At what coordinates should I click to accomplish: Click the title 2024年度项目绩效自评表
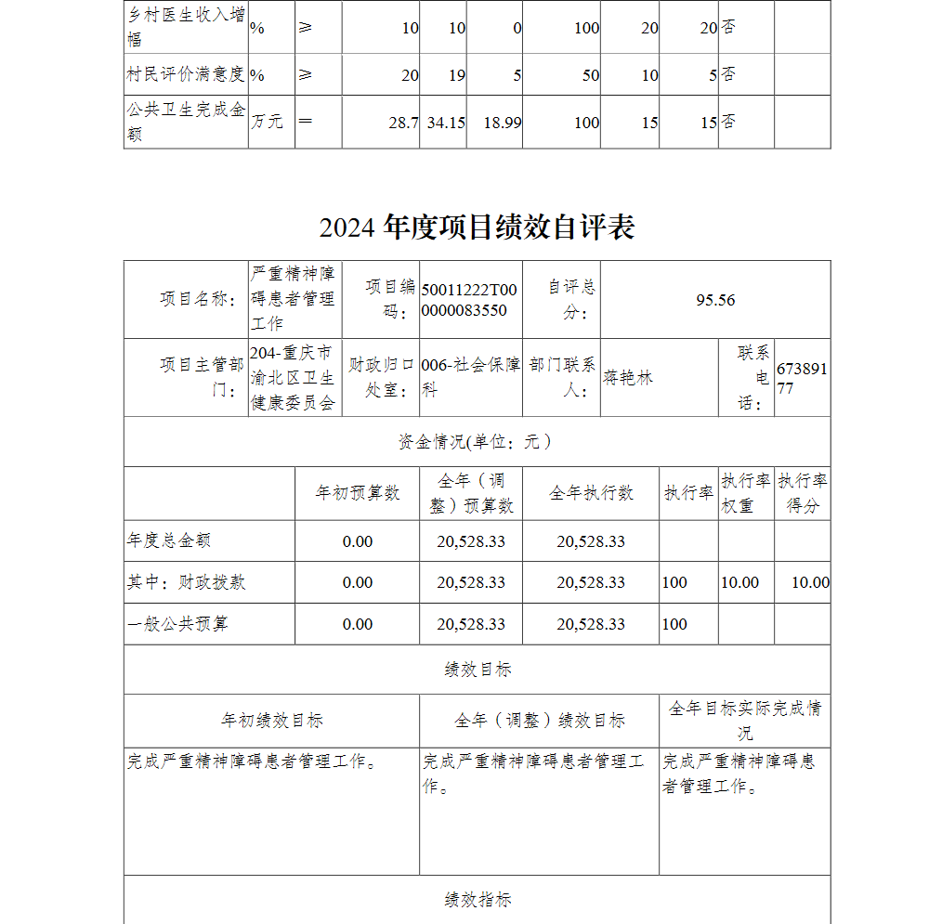point(477,228)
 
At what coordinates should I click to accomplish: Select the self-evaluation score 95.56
point(715,300)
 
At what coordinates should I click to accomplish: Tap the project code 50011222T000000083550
point(469,300)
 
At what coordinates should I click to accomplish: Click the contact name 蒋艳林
point(628,378)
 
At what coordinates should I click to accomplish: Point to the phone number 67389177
point(802,379)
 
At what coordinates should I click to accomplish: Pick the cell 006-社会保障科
point(470,378)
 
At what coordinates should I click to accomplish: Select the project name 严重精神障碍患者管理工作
point(294,299)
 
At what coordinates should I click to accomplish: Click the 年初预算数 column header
point(358,493)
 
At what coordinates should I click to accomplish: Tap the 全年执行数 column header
point(591,493)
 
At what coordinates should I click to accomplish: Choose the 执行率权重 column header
point(746,493)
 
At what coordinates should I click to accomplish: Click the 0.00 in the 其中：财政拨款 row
point(358,582)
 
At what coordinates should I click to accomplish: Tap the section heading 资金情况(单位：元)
point(477,442)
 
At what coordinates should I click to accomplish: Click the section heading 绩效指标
point(478,900)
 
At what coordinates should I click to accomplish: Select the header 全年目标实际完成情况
point(744,720)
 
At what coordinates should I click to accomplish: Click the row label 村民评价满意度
point(185,74)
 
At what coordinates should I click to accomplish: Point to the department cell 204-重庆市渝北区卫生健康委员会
point(294,378)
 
